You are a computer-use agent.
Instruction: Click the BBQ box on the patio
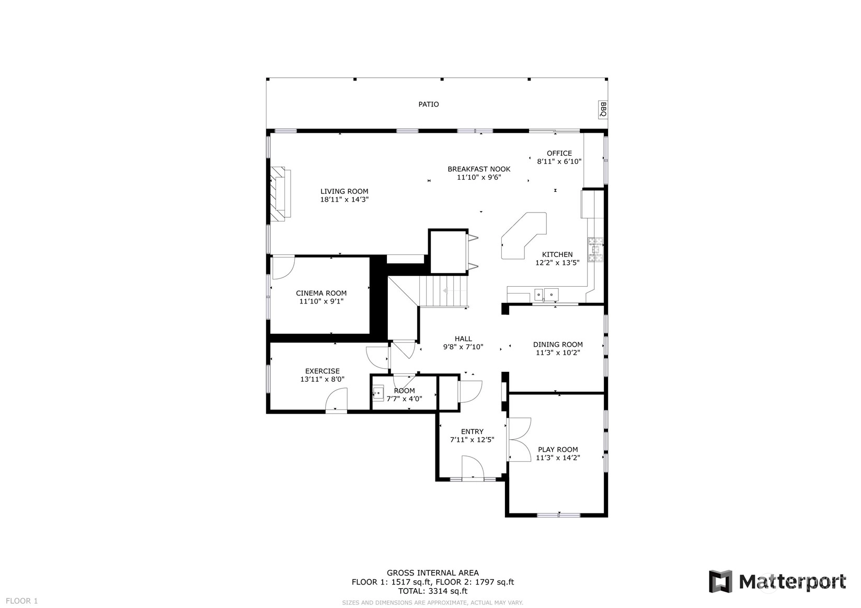603,110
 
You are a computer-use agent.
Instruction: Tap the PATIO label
429,104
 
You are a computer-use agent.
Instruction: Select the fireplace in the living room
280,194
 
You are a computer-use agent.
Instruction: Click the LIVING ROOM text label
345,191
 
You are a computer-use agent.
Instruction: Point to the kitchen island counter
523,236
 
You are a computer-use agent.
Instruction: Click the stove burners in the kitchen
595,250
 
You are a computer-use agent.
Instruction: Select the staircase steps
443,291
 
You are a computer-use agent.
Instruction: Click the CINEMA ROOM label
322,293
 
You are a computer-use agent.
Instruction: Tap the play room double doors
519,439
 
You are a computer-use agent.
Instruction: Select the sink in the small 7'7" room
378,393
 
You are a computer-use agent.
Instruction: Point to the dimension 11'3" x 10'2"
558,353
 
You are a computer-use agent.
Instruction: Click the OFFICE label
559,153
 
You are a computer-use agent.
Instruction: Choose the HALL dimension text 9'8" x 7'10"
463,347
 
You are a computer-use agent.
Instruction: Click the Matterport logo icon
720,581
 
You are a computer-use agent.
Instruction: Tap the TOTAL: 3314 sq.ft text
433,591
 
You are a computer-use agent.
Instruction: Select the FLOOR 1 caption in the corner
22,601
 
